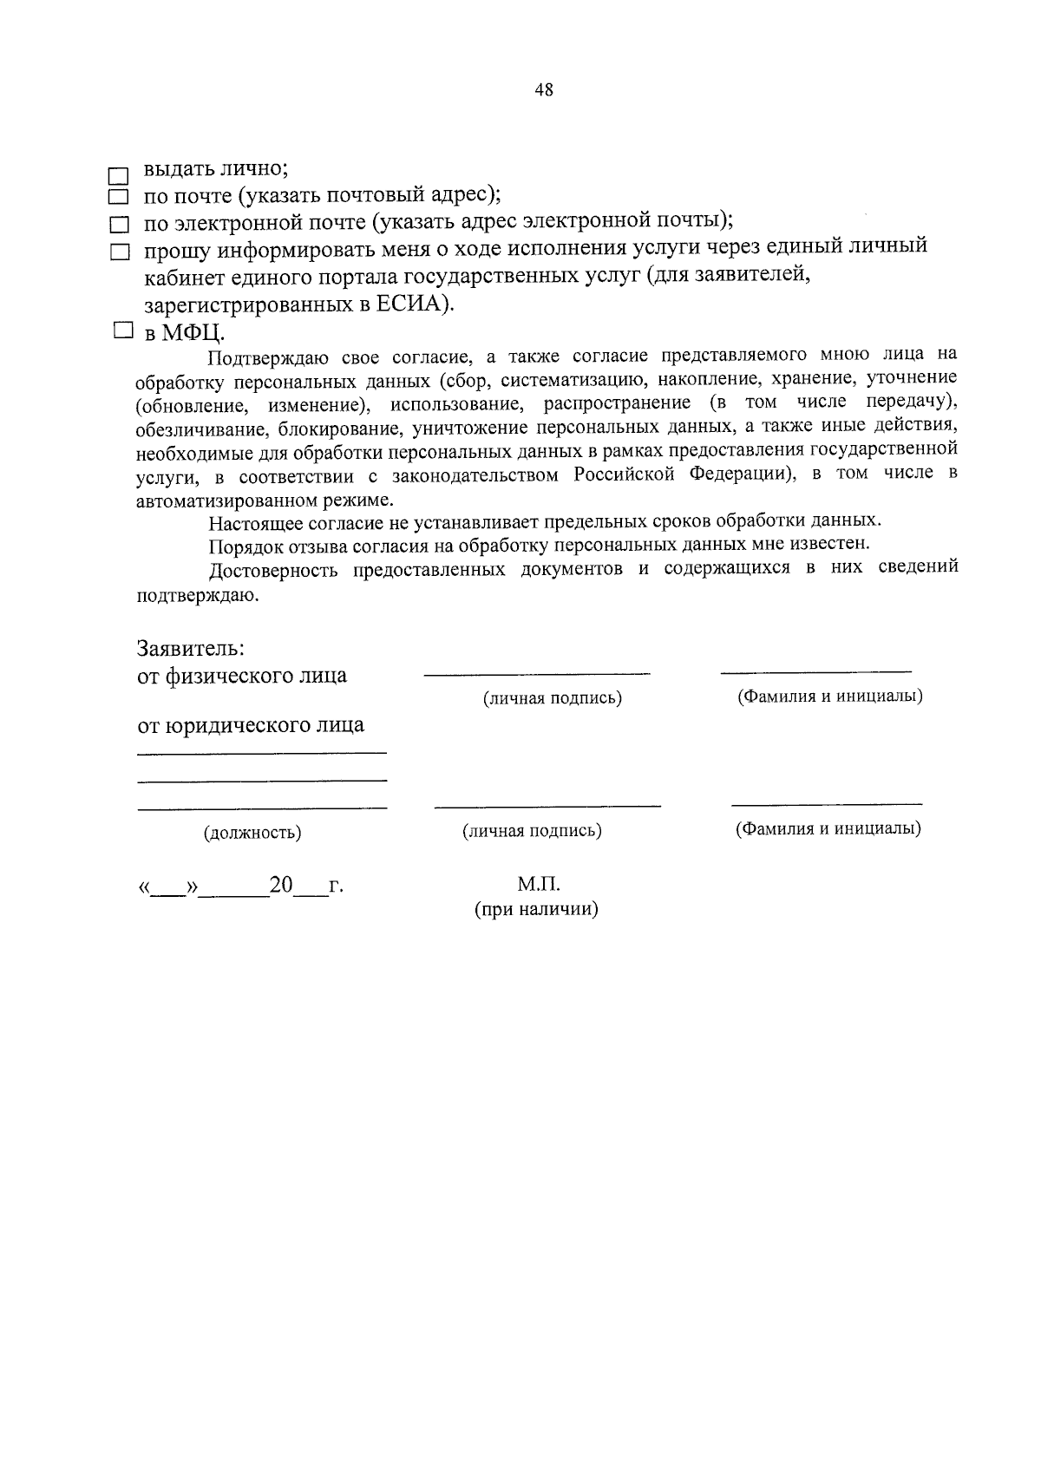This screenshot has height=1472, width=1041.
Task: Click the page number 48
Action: [x=544, y=90]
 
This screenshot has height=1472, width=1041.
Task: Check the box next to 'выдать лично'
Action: [x=118, y=174]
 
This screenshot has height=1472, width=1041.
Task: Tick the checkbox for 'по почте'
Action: [x=118, y=199]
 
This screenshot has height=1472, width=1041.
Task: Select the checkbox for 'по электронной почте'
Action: [x=118, y=226]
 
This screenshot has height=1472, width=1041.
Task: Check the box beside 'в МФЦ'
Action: [x=122, y=330]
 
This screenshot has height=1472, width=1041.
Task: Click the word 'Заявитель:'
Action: [x=190, y=648]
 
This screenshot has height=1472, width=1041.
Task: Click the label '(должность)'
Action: [x=252, y=833]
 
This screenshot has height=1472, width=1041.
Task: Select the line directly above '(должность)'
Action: [x=262, y=808]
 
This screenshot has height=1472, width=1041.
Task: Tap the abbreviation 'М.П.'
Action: [x=539, y=884]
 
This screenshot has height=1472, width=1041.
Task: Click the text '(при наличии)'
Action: [x=536, y=910]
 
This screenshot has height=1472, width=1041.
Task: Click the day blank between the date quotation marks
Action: [x=168, y=890]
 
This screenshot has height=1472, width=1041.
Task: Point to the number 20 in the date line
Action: [x=281, y=886]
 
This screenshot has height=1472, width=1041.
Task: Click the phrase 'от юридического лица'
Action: [x=251, y=724]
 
